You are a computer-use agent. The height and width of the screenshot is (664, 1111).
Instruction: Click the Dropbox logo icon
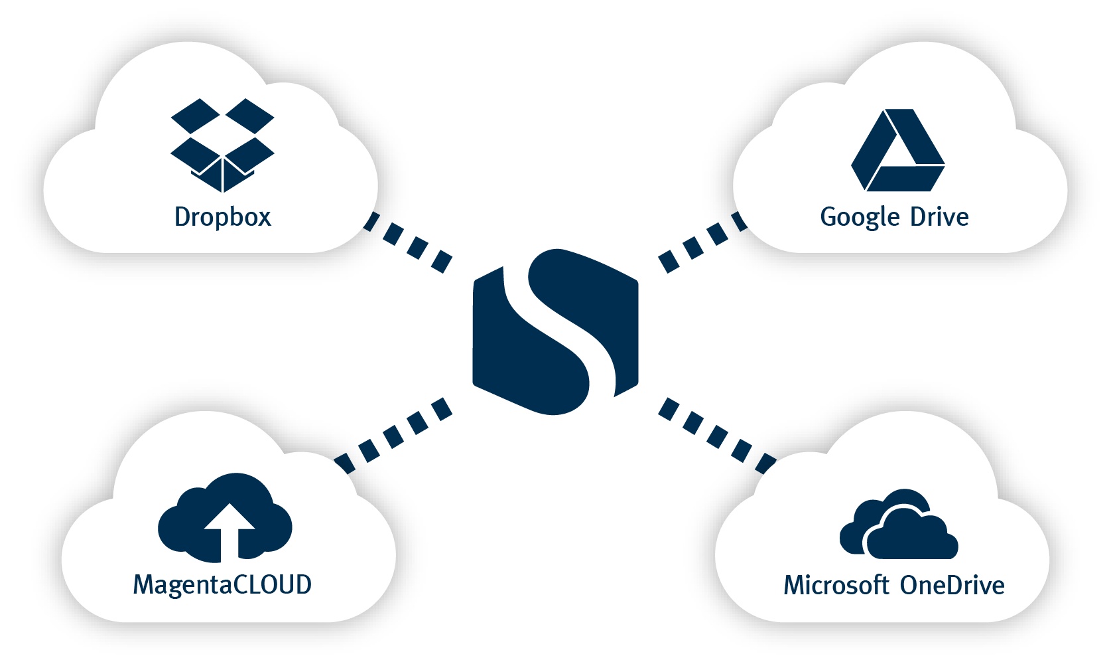(222, 145)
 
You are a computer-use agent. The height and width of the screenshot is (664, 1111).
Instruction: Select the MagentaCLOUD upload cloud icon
(225, 517)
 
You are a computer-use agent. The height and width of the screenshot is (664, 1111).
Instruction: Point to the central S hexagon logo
(555, 332)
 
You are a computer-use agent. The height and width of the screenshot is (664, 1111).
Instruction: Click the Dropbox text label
(223, 217)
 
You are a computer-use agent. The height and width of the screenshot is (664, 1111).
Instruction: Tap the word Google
(860, 218)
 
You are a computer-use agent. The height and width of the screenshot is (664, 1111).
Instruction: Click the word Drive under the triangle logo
(939, 217)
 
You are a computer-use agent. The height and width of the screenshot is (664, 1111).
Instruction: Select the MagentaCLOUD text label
(222, 585)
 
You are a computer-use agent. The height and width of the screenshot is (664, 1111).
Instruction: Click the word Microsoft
(836, 586)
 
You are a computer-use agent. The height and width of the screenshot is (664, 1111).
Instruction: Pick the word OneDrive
(952, 586)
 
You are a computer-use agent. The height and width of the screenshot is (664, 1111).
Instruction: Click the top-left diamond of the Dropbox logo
(196, 116)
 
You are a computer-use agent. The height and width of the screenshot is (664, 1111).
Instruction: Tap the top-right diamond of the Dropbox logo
(249, 116)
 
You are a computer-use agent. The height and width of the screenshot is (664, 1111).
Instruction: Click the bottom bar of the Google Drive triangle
(905, 178)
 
